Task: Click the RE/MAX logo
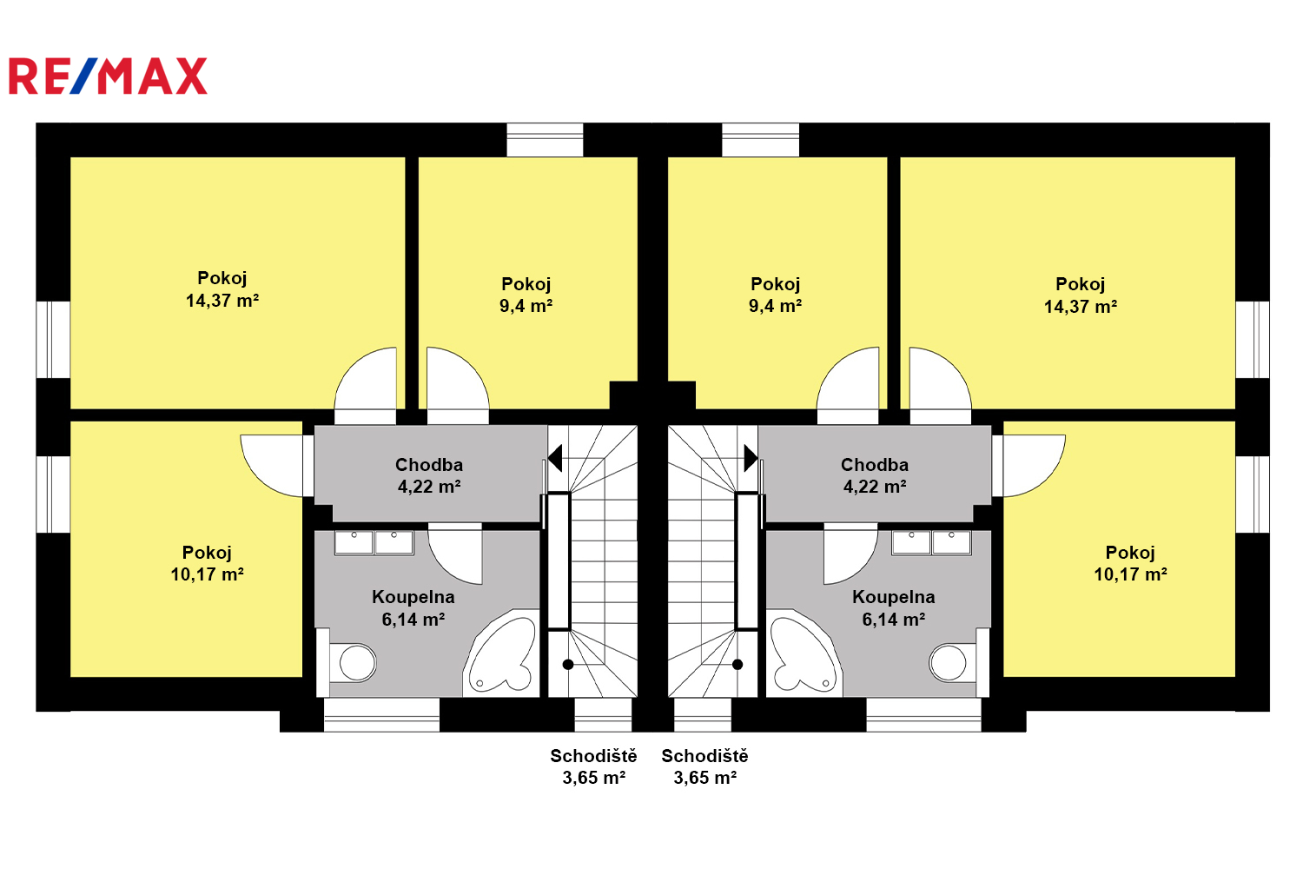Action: [x=109, y=76]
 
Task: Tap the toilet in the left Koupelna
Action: [x=353, y=662]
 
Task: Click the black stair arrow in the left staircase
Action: [x=555, y=458]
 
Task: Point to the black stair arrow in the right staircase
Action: [x=751, y=458]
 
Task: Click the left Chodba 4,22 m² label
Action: [x=429, y=475]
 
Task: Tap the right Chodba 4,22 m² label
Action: [x=875, y=475]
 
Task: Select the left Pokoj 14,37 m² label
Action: [x=222, y=289]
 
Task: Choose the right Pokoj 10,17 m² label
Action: [x=1130, y=563]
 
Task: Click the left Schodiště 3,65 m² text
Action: [x=594, y=766]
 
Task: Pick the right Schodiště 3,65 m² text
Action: [x=705, y=766]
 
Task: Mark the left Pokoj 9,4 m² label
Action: [x=526, y=295]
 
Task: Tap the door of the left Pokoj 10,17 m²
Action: [x=272, y=466]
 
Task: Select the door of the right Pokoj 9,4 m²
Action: [x=848, y=385]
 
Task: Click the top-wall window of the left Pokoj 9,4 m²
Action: [x=545, y=140]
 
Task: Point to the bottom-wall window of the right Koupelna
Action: [x=923, y=715]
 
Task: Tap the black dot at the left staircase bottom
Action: [x=568, y=665]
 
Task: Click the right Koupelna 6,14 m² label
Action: [x=894, y=608]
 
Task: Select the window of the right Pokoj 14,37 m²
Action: [x=1253, y=340]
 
